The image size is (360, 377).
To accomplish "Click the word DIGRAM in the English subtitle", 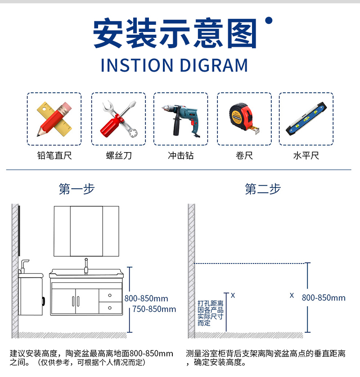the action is click(x=214, y=65).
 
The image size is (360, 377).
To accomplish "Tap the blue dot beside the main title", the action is click(x=269, y=20).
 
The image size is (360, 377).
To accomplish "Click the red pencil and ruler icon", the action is click(x=54, y=119).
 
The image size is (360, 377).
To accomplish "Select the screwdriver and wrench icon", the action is click(x=119, y=119).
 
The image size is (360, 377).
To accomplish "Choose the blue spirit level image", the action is click(x=306, y=119).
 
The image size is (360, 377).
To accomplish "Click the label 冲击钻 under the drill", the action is click(x=180, y=155).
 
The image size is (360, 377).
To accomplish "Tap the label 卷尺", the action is click(x=244, y=155).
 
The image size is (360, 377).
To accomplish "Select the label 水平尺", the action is click(x=306, y=155).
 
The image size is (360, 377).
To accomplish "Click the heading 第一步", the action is click(x=76, y=189).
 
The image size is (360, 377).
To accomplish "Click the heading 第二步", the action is click(x=263, y=189).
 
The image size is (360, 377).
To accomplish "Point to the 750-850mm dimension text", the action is click(x=154, y=309).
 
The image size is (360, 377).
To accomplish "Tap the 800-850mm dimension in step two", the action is click(x=324, y=298).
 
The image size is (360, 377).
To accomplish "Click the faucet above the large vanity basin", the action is click(x=86, y=266).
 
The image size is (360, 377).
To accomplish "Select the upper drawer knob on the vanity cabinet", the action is click(x=110, y=295).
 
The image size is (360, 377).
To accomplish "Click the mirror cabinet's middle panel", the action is click(x=86, y=231).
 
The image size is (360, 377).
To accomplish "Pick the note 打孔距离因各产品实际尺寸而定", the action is click(x=211, y=313).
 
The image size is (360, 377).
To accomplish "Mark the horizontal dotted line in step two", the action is click(x=249, y=263).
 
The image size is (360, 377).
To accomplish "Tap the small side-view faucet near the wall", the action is click(x=24, y=266).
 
